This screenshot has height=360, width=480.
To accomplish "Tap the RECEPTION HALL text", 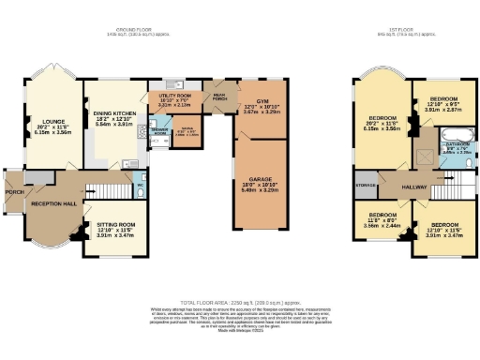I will [53, 203].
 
